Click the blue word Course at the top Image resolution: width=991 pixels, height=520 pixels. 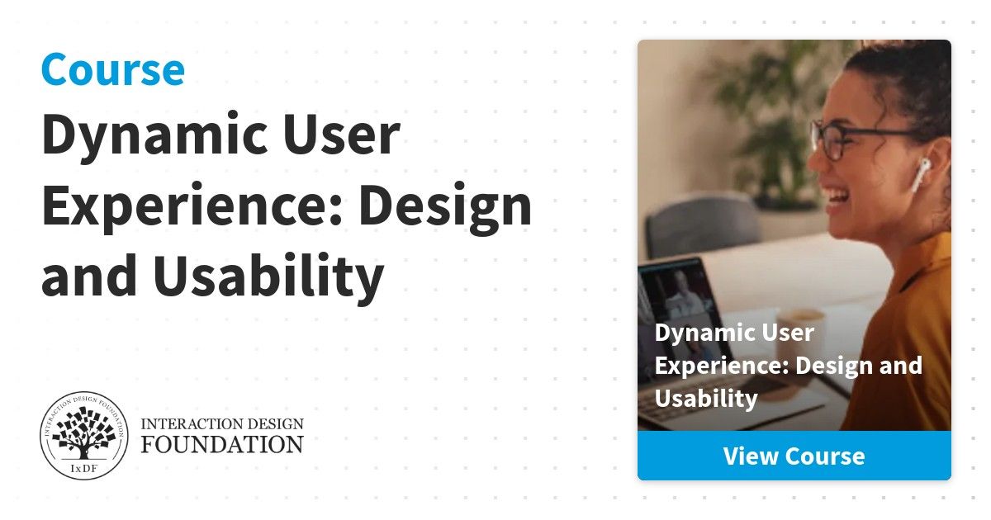pyautogui.click(x=113, y=69)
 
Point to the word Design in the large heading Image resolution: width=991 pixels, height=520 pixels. pyautogui.click(x=445, y=208)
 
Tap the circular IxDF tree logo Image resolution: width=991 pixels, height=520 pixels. pyautogui.click(x=83, y=436)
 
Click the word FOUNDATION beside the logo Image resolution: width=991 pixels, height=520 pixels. pyautogui.click(x=222, y=444)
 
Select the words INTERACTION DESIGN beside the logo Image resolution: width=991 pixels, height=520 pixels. pyautogui.click(x=222, y=424)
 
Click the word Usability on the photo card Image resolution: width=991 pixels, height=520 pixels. pyautogui.click(x=706, y=399)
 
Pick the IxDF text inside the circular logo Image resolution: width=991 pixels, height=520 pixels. pyautogui.click(x=83, y=469)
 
